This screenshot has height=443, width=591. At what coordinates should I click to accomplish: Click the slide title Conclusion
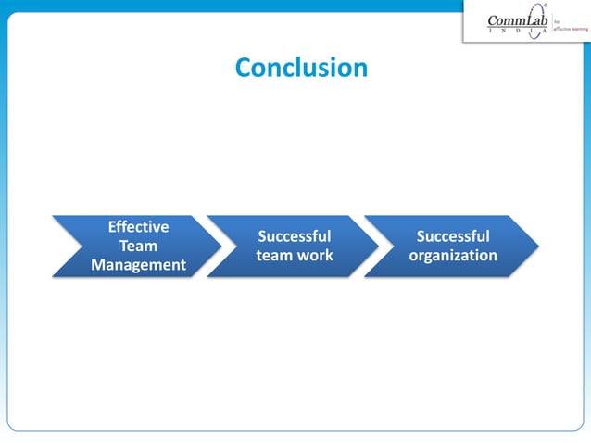coord(301,68)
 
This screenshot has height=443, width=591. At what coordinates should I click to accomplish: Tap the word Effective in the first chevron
coord(138,227)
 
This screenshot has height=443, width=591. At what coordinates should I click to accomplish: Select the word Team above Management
coord(138,247)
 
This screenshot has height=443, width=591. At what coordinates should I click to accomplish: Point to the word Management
coord(138,266)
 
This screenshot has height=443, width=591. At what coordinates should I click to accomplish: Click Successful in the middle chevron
coord(294,236)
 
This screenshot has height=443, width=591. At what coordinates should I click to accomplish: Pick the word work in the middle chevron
coord(316,256)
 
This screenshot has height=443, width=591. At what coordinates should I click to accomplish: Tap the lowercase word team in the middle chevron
coord(275,256)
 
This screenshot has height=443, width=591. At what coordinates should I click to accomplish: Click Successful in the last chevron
coord(453,236)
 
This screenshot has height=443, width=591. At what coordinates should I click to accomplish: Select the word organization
coord(453,256)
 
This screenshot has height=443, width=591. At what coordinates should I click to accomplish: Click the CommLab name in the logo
coord(518,21)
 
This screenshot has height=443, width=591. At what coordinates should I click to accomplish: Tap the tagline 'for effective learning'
coord(570,28)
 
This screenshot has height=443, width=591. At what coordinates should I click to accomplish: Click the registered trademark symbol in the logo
coord(545,8)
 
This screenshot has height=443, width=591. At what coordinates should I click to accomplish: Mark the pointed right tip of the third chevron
coord(538,247)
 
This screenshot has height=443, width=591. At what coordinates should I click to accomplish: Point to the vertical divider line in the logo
coord(551,26)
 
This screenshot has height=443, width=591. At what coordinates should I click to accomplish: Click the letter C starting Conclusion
coord(244,68)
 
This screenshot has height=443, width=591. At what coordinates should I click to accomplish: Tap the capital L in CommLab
coord(524,21)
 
